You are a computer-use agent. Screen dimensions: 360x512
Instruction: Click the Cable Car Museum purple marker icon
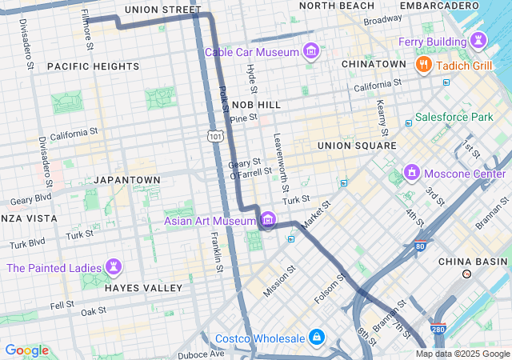point(311,53)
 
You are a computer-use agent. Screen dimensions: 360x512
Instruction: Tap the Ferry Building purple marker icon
point(478,39)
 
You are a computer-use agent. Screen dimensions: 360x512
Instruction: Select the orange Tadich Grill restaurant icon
point(425,65)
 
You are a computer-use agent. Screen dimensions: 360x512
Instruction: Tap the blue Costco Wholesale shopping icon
point(317,338)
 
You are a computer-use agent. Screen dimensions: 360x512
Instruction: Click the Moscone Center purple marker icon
point(412,173)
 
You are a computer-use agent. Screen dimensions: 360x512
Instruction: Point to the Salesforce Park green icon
point(409,118)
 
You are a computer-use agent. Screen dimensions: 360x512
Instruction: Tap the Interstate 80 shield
point(421,247)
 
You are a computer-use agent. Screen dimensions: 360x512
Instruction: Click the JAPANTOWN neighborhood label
point(126,180)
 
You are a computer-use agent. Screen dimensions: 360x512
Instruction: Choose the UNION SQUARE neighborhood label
point(357,146)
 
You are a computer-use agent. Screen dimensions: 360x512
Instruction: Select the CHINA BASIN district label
point(473,262)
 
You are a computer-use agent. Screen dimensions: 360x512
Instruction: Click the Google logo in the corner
point(26,350)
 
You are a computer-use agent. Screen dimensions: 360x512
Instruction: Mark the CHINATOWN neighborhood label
point(374,63)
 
